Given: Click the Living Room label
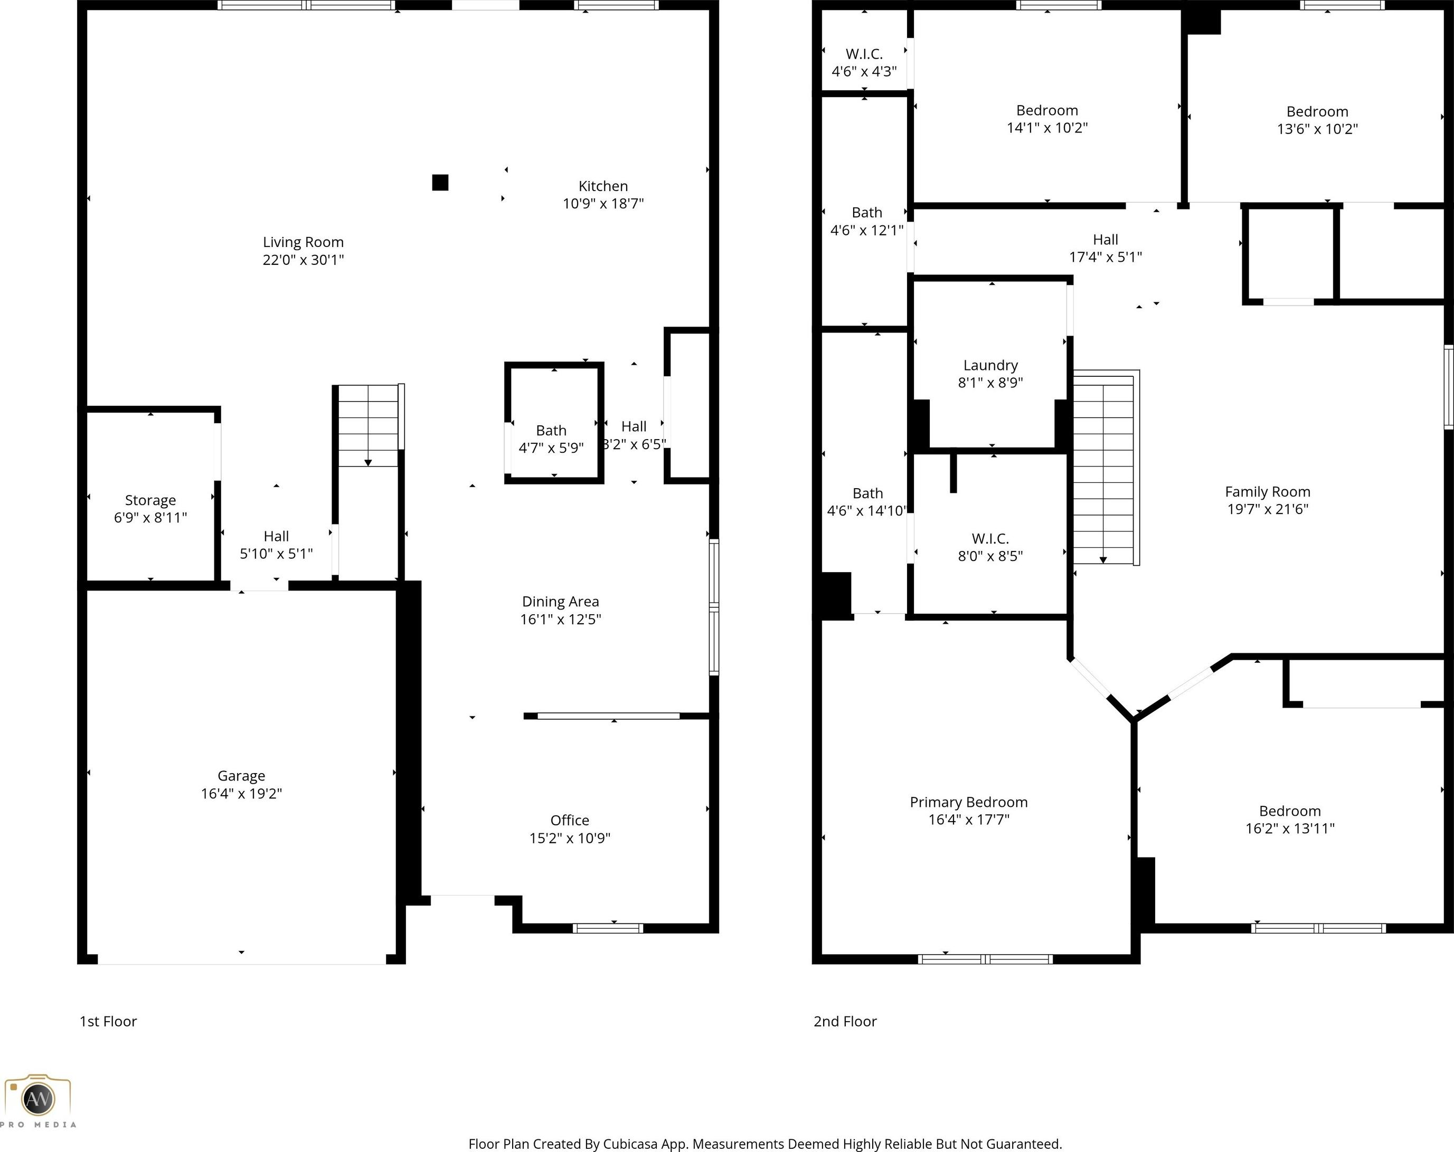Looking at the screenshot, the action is [303, 242].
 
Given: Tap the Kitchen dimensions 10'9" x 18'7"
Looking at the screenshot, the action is [603, 204].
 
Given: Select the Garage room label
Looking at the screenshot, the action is [241, 776].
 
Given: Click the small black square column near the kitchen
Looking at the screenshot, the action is [440, 183].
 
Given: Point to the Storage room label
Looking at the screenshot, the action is [150, 500].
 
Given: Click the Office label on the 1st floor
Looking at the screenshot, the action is [569, 821].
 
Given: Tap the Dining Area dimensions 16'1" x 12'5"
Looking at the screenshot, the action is [560, 620].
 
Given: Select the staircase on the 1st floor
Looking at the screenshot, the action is [368, 425].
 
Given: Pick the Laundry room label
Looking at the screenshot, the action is [990, 365].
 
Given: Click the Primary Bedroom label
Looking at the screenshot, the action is [968, 802].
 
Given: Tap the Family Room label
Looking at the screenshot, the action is [1267, 492].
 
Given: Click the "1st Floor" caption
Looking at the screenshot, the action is [108, 1021].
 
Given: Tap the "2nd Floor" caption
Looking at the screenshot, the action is [845, 1021].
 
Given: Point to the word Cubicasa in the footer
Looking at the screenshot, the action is [630, 1144].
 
